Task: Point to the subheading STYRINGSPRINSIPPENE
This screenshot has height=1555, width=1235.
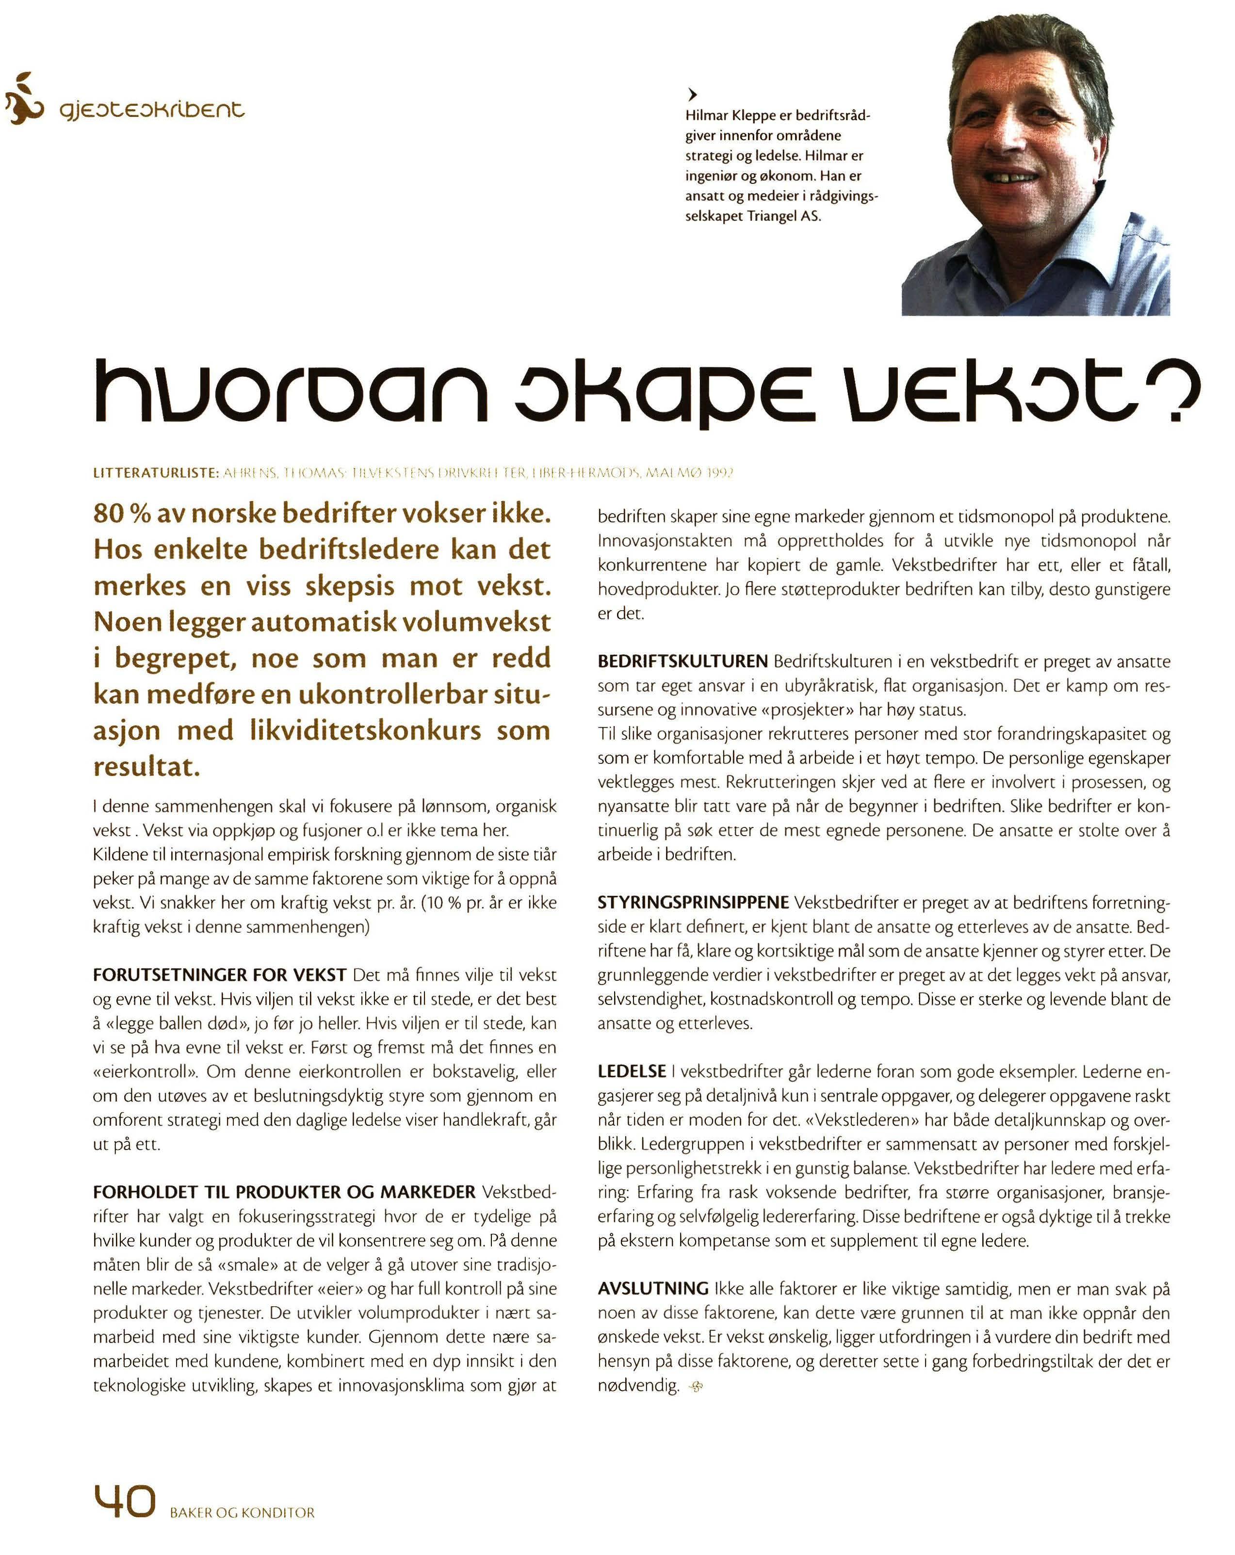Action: click(x=693, y=902)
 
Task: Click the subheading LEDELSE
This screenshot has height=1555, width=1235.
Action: click(x=631, y=1071)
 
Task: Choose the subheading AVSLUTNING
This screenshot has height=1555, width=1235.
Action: click(x=653, y=1288)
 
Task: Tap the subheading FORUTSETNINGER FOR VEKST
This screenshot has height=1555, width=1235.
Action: click(x=219, y=975)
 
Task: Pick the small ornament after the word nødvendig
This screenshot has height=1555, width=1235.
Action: click(x=696, y=1386)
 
